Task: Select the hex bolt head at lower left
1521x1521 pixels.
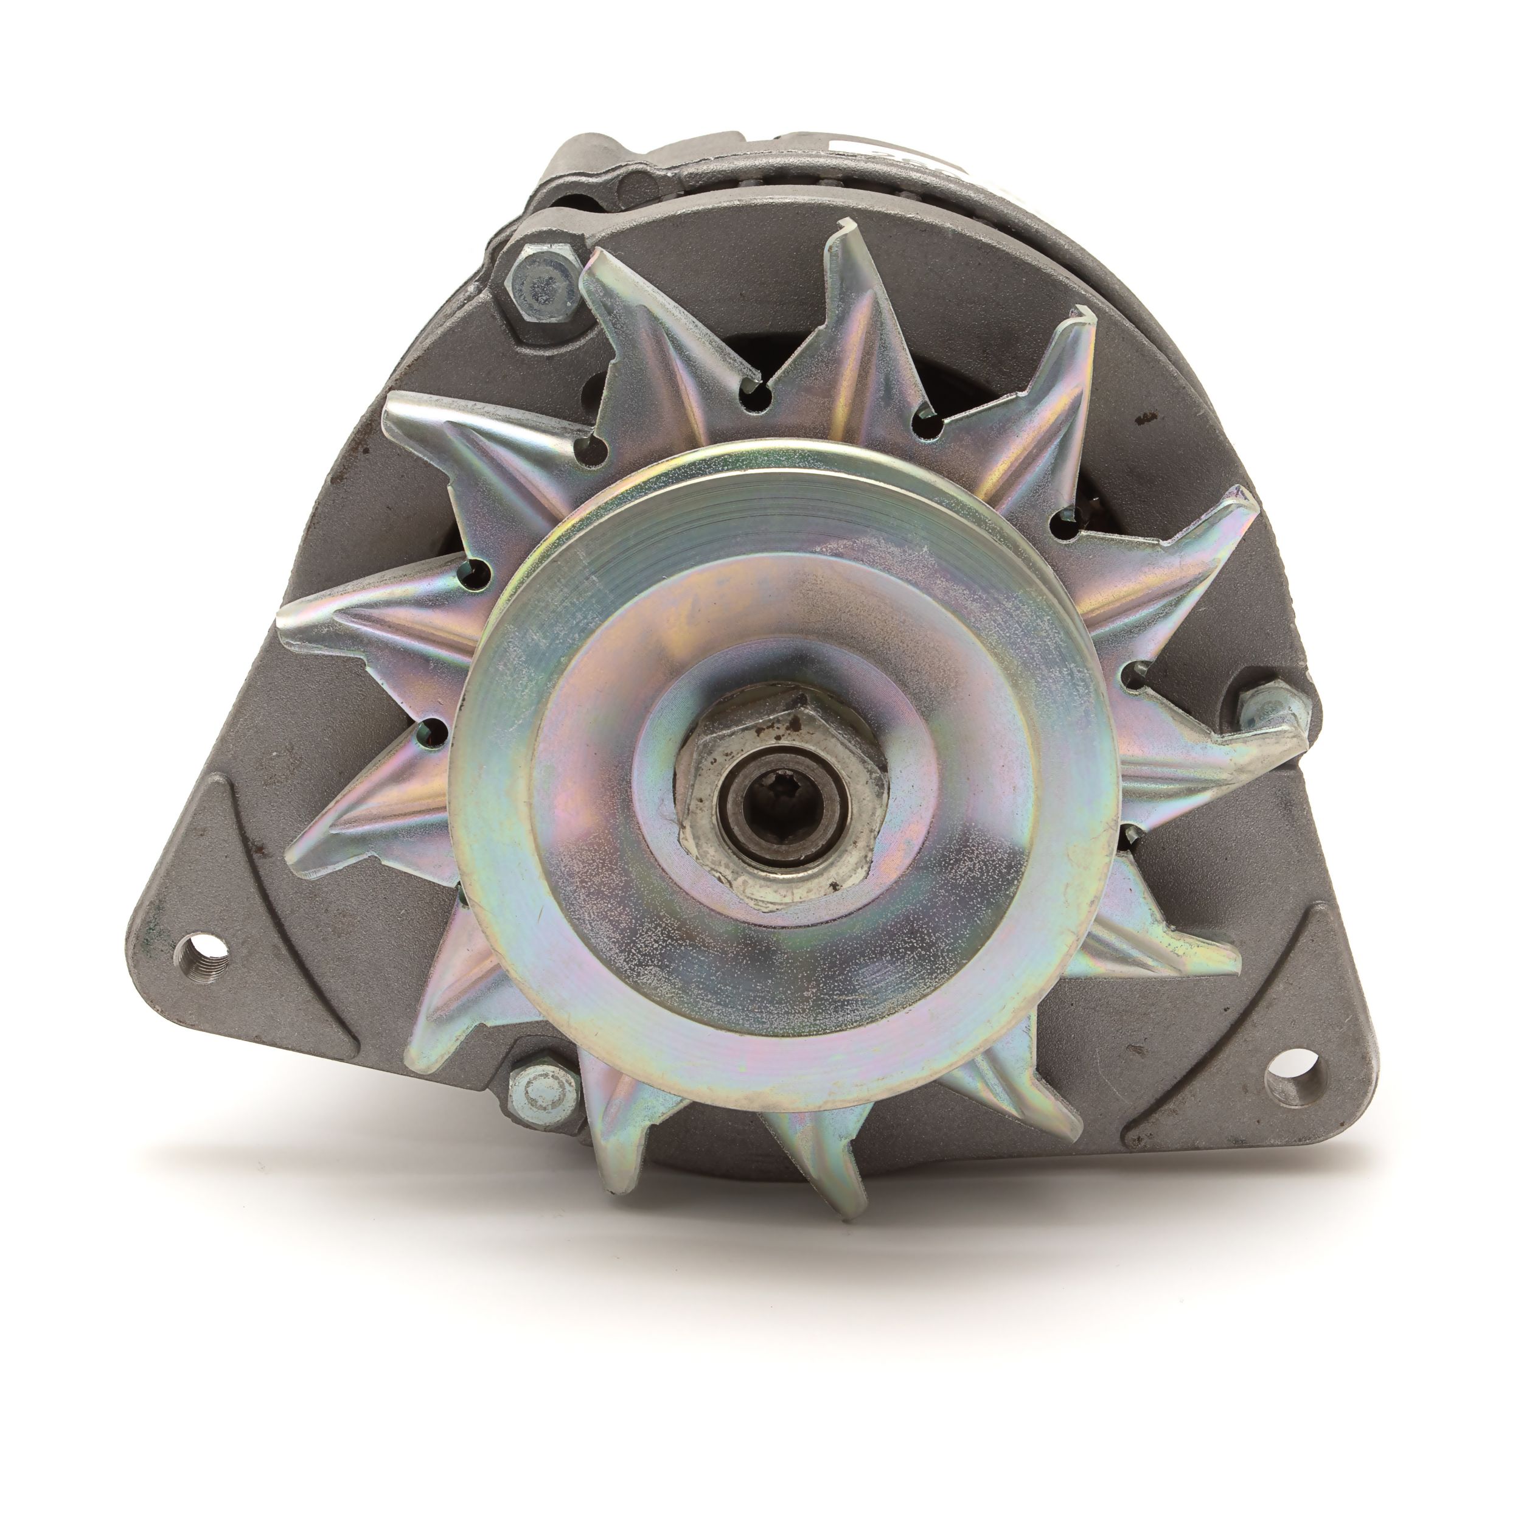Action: click(x=541, y=1093)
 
